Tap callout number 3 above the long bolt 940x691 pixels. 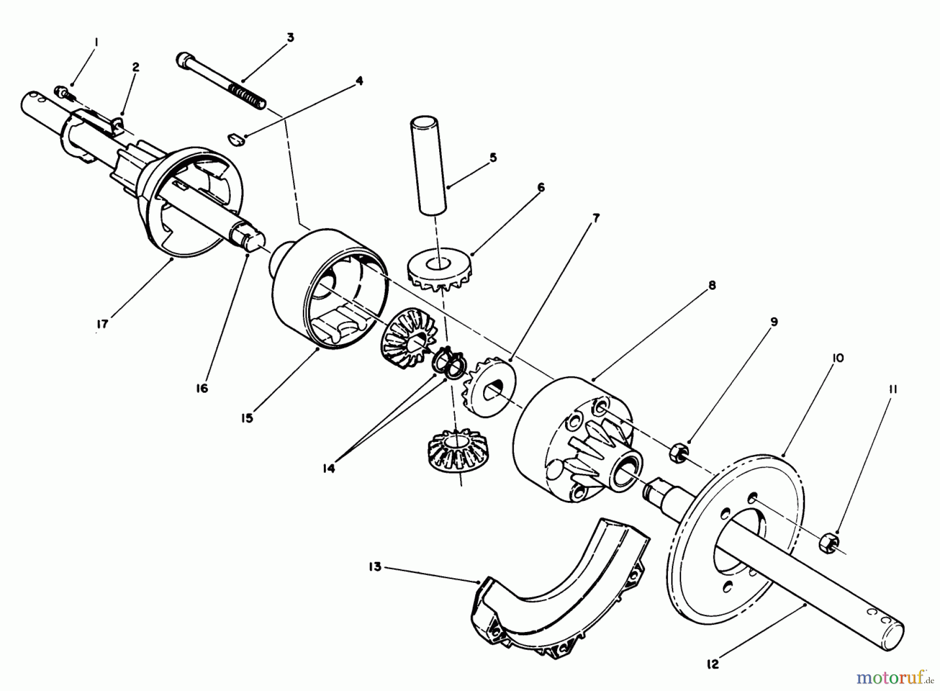[290, 38]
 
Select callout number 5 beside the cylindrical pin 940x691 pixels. [492, 158]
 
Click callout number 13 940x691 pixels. [375, 566]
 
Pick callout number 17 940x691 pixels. [102, 324]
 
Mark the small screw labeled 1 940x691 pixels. [65, 93]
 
